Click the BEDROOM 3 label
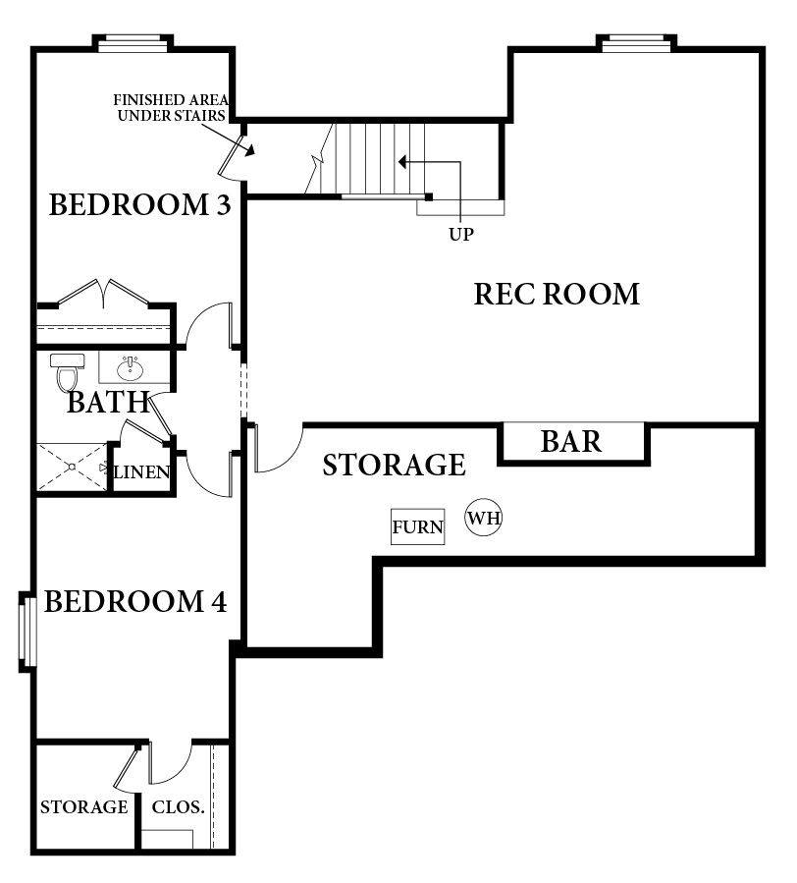140,204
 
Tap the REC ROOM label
557,294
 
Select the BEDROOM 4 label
135,601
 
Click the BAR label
570,442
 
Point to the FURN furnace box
417,526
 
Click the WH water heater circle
484,517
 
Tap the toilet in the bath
67,372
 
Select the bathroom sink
130,368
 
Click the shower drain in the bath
72,467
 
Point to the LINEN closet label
141,471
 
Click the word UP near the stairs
461,235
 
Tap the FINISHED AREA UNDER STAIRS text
171,108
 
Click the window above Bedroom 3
133,43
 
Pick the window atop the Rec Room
637,43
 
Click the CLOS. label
178,807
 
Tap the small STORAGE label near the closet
83,807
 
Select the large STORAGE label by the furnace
394,466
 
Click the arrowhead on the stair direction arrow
402,162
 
